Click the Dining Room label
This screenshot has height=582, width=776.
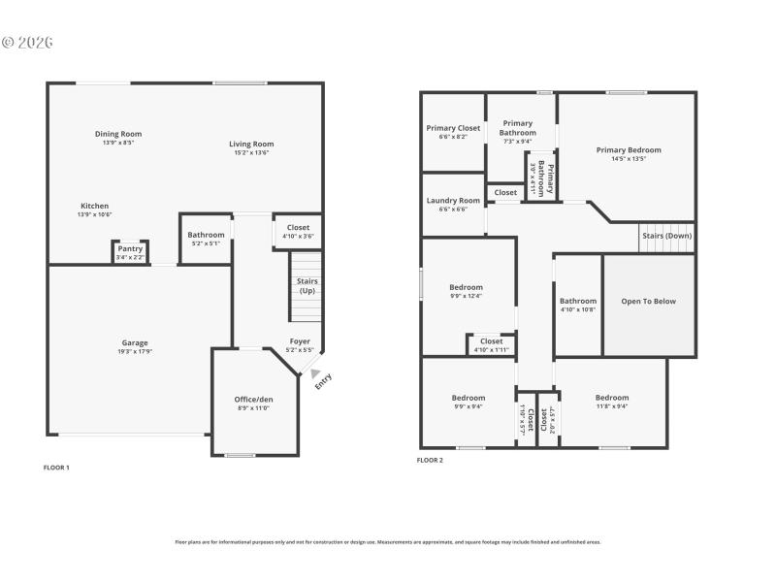118,134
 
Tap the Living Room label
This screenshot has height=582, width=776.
251,144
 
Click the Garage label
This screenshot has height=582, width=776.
135,342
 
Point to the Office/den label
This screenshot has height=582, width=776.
253,399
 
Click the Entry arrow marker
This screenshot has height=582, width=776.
315,372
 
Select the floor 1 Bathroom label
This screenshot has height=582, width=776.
206,235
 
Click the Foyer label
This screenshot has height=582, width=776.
300,341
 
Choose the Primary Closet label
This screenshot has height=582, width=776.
453,128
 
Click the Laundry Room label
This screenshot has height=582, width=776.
453,201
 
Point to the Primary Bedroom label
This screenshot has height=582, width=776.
629,150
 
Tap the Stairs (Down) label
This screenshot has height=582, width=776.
666,236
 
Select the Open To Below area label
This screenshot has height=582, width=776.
649,301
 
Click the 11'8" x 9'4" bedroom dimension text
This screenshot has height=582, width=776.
612,406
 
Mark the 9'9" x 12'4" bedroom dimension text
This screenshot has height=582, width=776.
466,296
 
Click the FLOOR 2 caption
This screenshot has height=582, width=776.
430,460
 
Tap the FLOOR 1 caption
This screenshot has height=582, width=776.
56,468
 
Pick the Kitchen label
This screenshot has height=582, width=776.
94,206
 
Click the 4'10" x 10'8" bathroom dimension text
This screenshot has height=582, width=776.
578,309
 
